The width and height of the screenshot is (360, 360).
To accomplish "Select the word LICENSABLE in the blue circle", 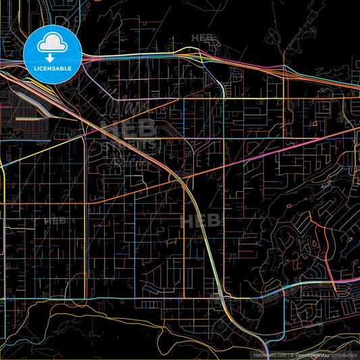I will click(52, 69).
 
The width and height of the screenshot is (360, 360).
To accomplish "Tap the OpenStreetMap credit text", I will click(312, 354).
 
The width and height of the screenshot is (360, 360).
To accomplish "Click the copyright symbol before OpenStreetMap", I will click(291, 354).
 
